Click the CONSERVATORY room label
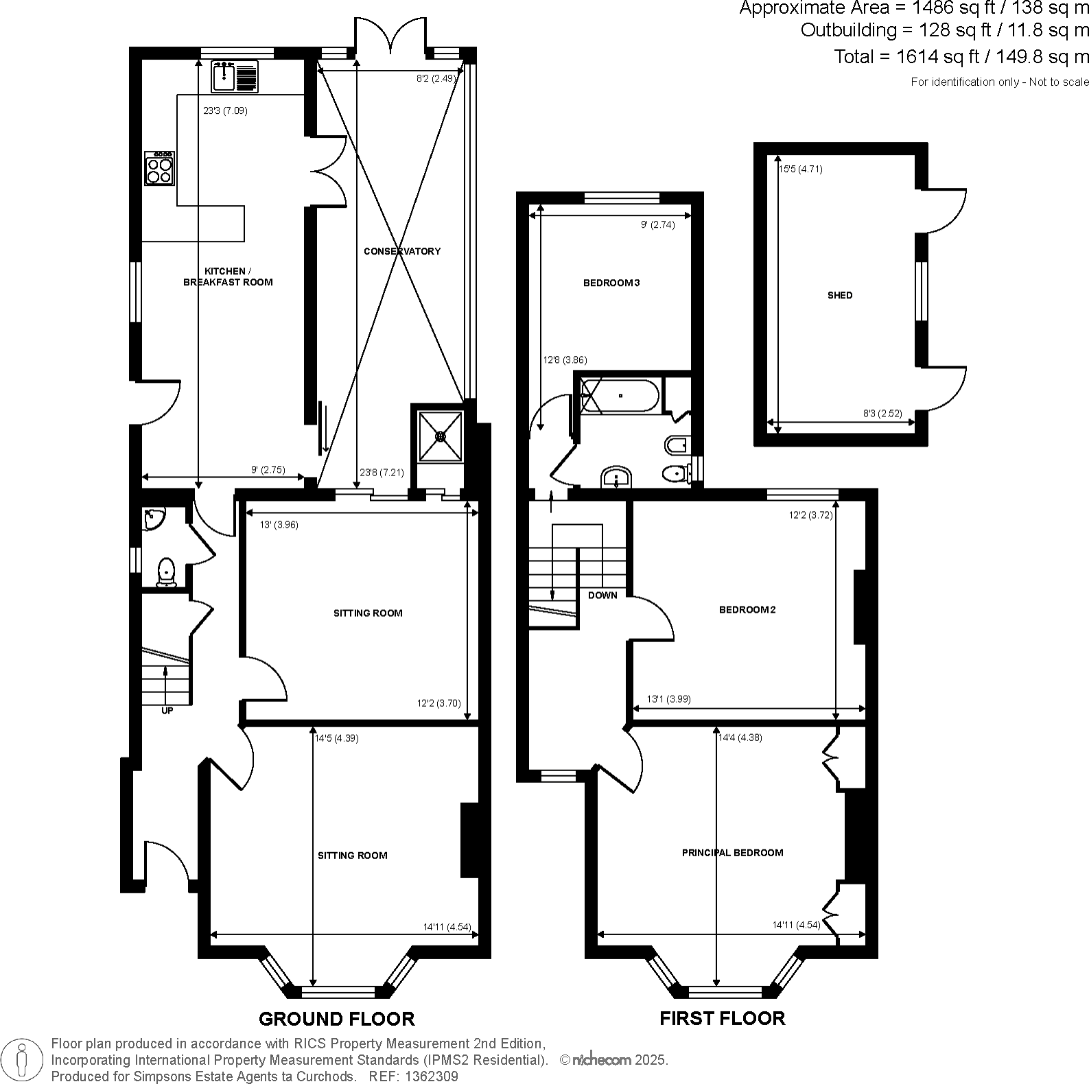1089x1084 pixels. tap(402, 251)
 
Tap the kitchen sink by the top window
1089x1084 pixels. tap(224, 75)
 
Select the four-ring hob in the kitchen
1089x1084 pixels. tap(159, 169)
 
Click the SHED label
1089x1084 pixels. tap(840, 295)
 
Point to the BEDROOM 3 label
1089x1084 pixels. tap(611, 283)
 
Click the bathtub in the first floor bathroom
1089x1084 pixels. tap(620, 396)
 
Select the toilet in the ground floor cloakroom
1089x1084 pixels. tap(165, 572)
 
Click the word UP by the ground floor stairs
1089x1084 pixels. tap(167, 711)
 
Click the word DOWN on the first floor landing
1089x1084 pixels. tap(602, 595)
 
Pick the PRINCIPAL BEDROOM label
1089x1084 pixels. tap(732, 852)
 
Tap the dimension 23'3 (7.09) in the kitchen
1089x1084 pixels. tap(225, 110)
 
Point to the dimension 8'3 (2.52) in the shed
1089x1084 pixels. tap(882, 414)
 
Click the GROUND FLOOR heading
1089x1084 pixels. tap(336, 1019)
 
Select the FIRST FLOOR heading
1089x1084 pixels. tap(722, 1018)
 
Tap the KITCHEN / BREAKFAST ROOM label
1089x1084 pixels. tap(228, 276)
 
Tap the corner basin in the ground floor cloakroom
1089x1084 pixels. tap(153, 519)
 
